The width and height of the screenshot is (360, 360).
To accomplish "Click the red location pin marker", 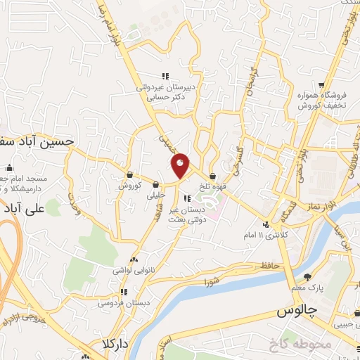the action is pyautogui.click(x=181, y=165).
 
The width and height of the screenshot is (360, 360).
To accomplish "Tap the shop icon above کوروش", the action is pyautogui.click(x=130, y=175).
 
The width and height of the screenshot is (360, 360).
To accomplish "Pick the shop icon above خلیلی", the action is pyautogui.click(x=155, y=185).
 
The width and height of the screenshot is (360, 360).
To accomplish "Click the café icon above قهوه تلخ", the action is pyautogui.click(x=212, y=176).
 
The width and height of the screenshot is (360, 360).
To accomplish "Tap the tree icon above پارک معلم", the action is pyautogui.click(x=307, y=277).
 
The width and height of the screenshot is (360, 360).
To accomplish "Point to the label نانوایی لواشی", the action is pyautogui.click(x=134, y=270).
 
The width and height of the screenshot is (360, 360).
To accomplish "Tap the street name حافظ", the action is pyautogui.click(x=271, y=265).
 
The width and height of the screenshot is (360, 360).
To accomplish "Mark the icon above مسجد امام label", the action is pyautogui.click(x=9, y=168).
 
